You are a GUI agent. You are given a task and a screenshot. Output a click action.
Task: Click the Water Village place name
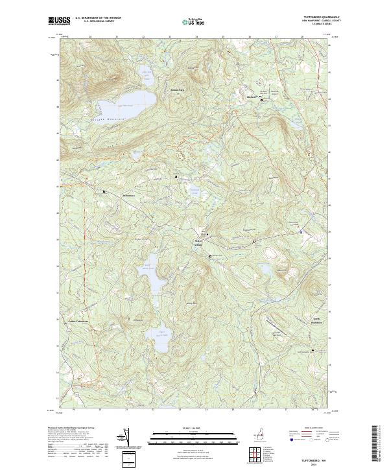click(198, 242)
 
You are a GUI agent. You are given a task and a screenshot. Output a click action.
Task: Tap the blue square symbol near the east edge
click(301, 231)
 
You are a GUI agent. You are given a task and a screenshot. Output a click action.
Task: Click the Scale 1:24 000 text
click(194, 427)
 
